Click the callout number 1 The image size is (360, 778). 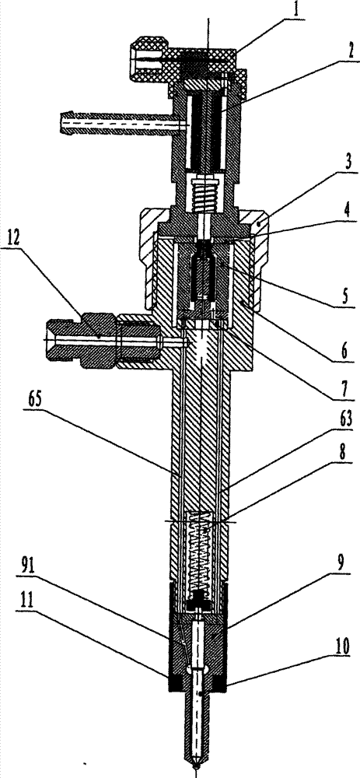[295, 10]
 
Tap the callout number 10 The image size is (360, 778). [344, 646]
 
